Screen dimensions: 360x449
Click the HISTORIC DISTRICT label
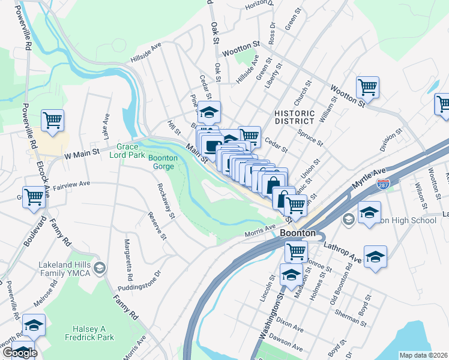294,117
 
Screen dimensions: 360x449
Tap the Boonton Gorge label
163,162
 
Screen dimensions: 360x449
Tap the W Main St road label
81,155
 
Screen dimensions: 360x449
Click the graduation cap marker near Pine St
209,112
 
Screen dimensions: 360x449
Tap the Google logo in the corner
19,353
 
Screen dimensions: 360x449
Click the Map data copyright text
423,355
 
